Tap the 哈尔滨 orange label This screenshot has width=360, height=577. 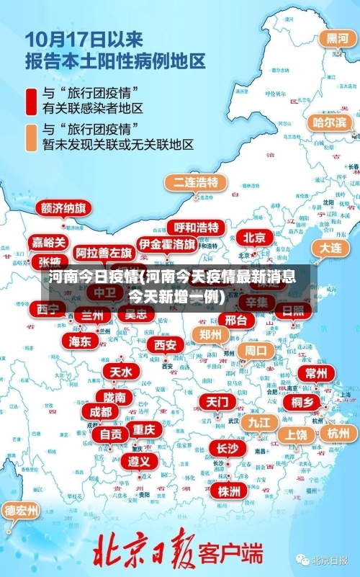click(x=330, y=122)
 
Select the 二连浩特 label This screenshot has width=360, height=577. click(x=195, y=182)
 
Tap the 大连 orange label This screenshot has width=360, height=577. click(x=331, y=247)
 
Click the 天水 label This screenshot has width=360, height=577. click(x=120, y=372)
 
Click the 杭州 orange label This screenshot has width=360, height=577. click(x=338, y=433)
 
